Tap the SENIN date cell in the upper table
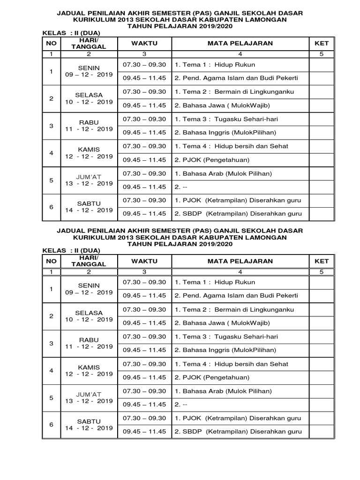click(89, 71)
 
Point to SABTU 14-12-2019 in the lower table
click(89, 425)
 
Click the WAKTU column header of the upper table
click(144, 43)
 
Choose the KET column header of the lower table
click(322, 261)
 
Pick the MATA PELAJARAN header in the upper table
click(240, 43)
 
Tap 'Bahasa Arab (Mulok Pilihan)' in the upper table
click(223, 173)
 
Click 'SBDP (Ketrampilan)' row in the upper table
click(238, 214)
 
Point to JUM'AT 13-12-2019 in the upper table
click(89, 180)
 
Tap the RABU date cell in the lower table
click(89, 343)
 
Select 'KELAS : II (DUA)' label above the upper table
click(71, 33)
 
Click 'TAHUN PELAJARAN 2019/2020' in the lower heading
click(180, 244)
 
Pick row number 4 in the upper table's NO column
click(52, 153)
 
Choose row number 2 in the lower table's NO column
click(52, 316)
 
